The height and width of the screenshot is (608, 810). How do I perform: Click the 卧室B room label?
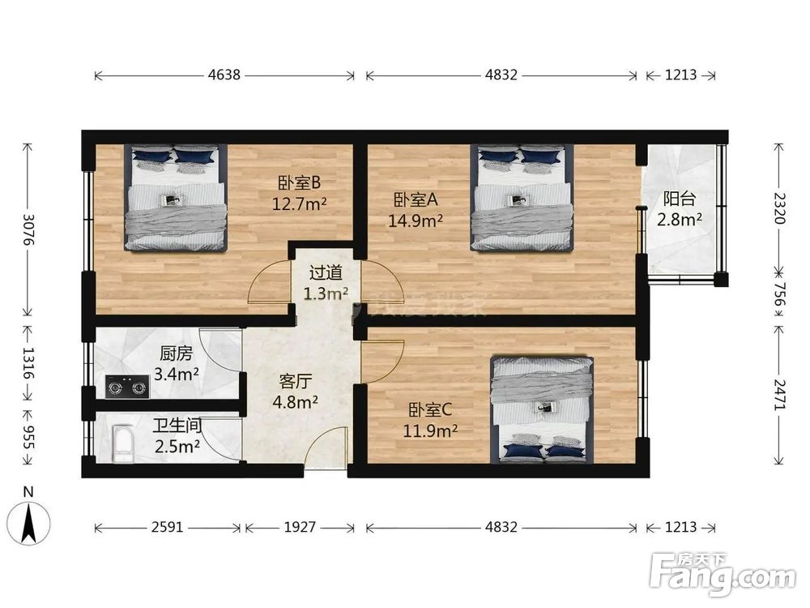click(301, 182)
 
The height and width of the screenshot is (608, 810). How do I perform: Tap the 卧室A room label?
click(416, 199)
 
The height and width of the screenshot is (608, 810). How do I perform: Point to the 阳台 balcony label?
click(679, 199)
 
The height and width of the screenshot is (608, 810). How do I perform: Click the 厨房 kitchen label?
click(176, 353)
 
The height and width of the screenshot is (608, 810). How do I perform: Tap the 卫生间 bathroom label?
click(177, 425)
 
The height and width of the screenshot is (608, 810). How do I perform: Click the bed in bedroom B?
click(175, 198)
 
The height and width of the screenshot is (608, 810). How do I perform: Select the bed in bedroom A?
click(522, 198)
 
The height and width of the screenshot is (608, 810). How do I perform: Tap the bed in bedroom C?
click(541, 409)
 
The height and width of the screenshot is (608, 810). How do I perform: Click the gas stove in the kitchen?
click(128, 387)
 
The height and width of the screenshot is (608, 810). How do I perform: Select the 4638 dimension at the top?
click(224, 75)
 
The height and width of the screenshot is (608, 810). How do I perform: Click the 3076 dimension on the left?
click(28, 230)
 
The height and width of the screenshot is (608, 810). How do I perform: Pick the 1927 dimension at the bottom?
click(299, 528)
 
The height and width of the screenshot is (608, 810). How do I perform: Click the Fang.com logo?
click(723, 573)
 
